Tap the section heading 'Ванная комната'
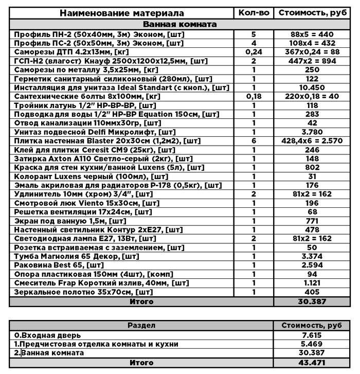click(179, 24)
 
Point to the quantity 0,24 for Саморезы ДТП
click(254, 52)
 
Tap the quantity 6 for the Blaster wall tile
click(254, 141)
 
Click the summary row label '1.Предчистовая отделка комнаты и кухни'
click(96, 344)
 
